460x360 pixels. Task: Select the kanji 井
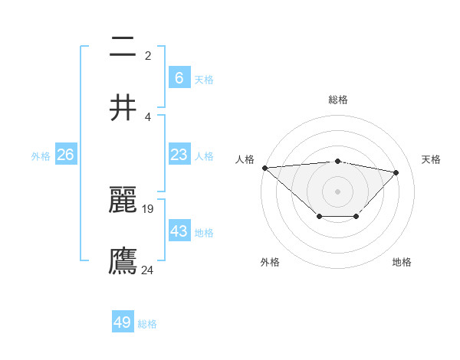(123, 108)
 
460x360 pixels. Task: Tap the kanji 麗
(123, 200)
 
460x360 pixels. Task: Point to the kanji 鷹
(123, 260)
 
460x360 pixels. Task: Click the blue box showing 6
(179, 77)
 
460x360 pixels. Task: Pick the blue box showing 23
(179, 155)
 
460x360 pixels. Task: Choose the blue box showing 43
(179, 231)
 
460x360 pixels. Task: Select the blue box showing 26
(66, 155)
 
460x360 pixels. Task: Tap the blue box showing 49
(123, 322)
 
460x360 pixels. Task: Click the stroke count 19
(148, 208)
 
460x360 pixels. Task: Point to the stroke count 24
(148, 270)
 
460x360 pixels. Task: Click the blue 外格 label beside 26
(41, 155)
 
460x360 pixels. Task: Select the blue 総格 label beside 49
(147, 324)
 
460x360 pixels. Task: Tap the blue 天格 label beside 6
(204, 79)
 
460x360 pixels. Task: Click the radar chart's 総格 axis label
(338, 100)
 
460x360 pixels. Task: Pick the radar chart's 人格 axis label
(245, 159)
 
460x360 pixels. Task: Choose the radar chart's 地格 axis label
(402, 262)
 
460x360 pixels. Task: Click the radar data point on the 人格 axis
(264, 168)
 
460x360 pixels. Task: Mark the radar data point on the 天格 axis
(396, 172)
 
